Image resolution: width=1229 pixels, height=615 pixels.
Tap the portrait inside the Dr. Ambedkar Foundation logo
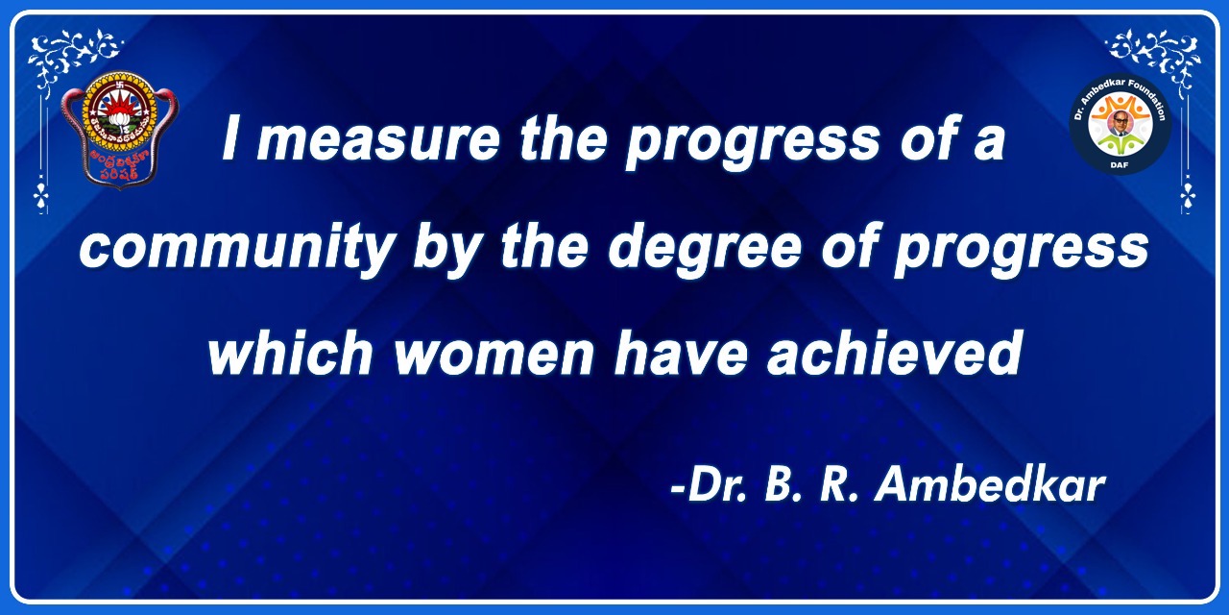pos(1120,122)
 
